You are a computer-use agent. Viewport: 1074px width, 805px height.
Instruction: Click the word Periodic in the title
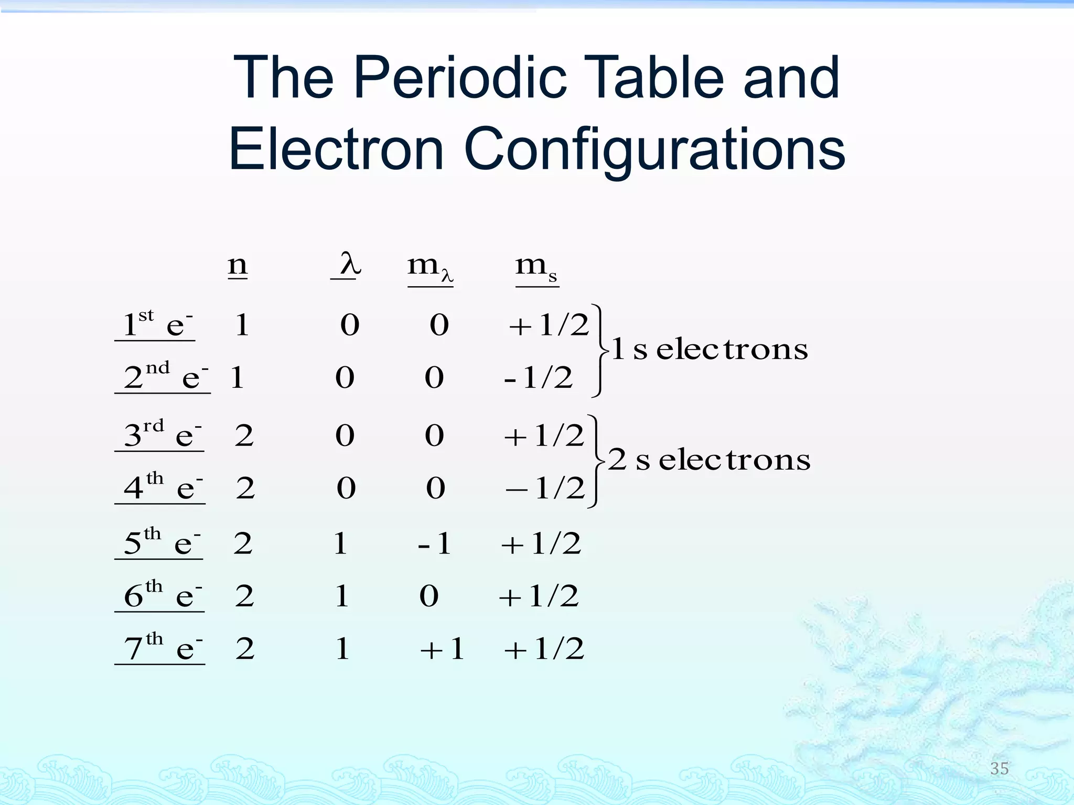tap(460, 79)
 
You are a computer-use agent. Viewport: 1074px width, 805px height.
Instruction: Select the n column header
tap(238, 265)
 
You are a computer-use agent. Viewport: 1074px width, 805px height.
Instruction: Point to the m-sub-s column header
tap(536, 268)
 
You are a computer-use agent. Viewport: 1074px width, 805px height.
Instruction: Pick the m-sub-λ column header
tap(430, 268)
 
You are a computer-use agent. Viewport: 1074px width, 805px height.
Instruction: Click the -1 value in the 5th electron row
tap(435, 543)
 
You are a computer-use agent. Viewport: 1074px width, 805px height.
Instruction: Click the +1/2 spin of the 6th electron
tap(539, 596)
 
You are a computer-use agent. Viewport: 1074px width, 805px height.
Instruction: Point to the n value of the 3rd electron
tap(244, 436)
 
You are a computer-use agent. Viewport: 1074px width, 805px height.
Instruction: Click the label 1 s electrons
tap(710, 349)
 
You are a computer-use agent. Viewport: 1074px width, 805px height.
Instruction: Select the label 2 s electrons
tap(709, 460)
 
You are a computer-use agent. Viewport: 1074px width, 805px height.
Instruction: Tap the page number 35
tap(999, 768)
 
